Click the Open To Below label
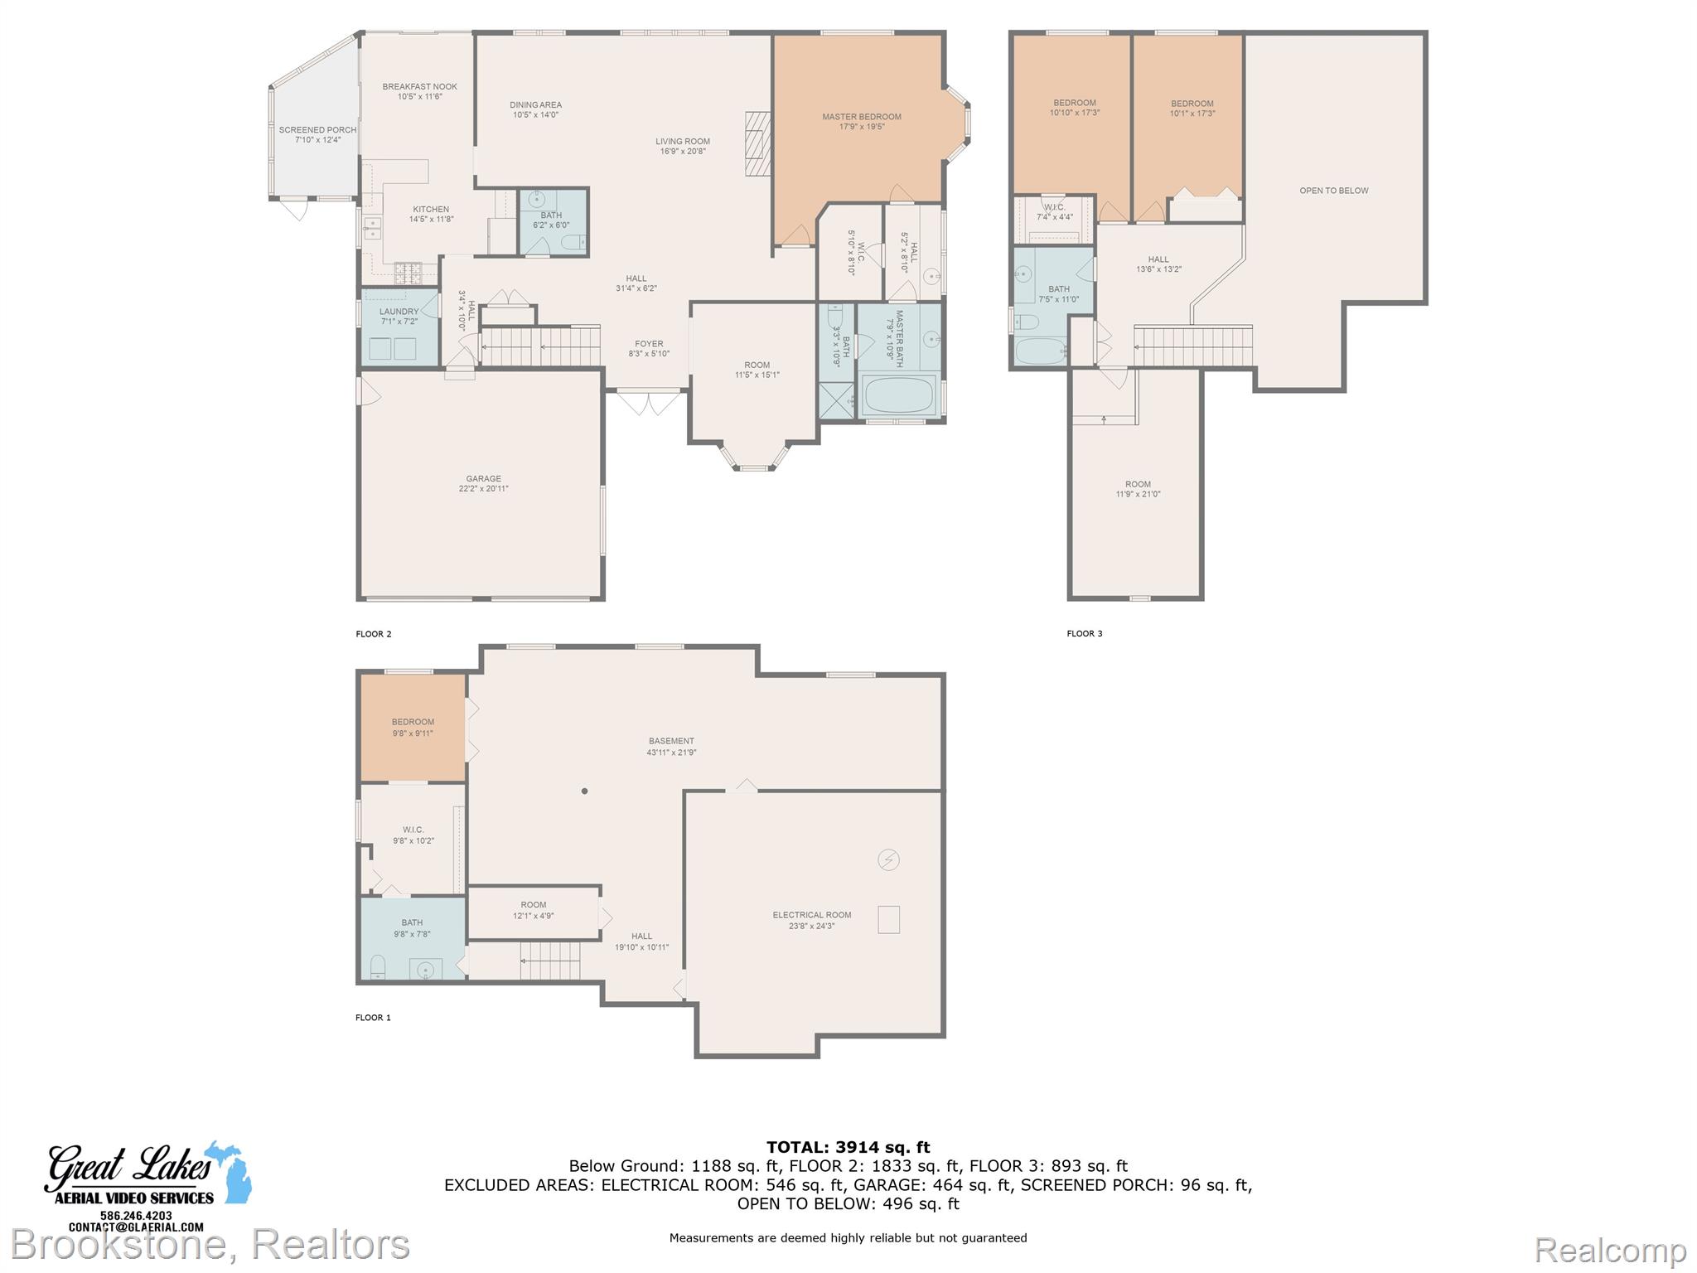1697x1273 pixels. click(1334, 191)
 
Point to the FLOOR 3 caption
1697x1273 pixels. click(1085, 634)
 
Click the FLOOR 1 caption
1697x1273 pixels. click(373, 1018)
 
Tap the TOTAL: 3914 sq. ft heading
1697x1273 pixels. click(848, 1148)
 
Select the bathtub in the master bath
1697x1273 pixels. click(899, 396)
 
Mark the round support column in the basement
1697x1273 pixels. click(584, 791)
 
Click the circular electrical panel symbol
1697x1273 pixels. click(888, 860)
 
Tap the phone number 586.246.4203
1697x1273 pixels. click(136, 1216)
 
